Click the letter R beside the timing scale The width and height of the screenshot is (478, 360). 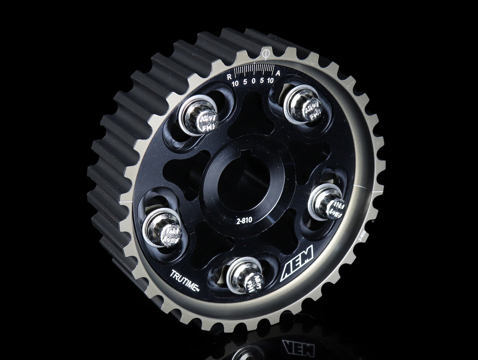pos(229,75)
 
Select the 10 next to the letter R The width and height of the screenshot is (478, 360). pos(235,83)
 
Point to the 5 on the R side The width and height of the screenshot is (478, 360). pos(244,82)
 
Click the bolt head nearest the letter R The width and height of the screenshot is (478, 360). pos(198,116)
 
